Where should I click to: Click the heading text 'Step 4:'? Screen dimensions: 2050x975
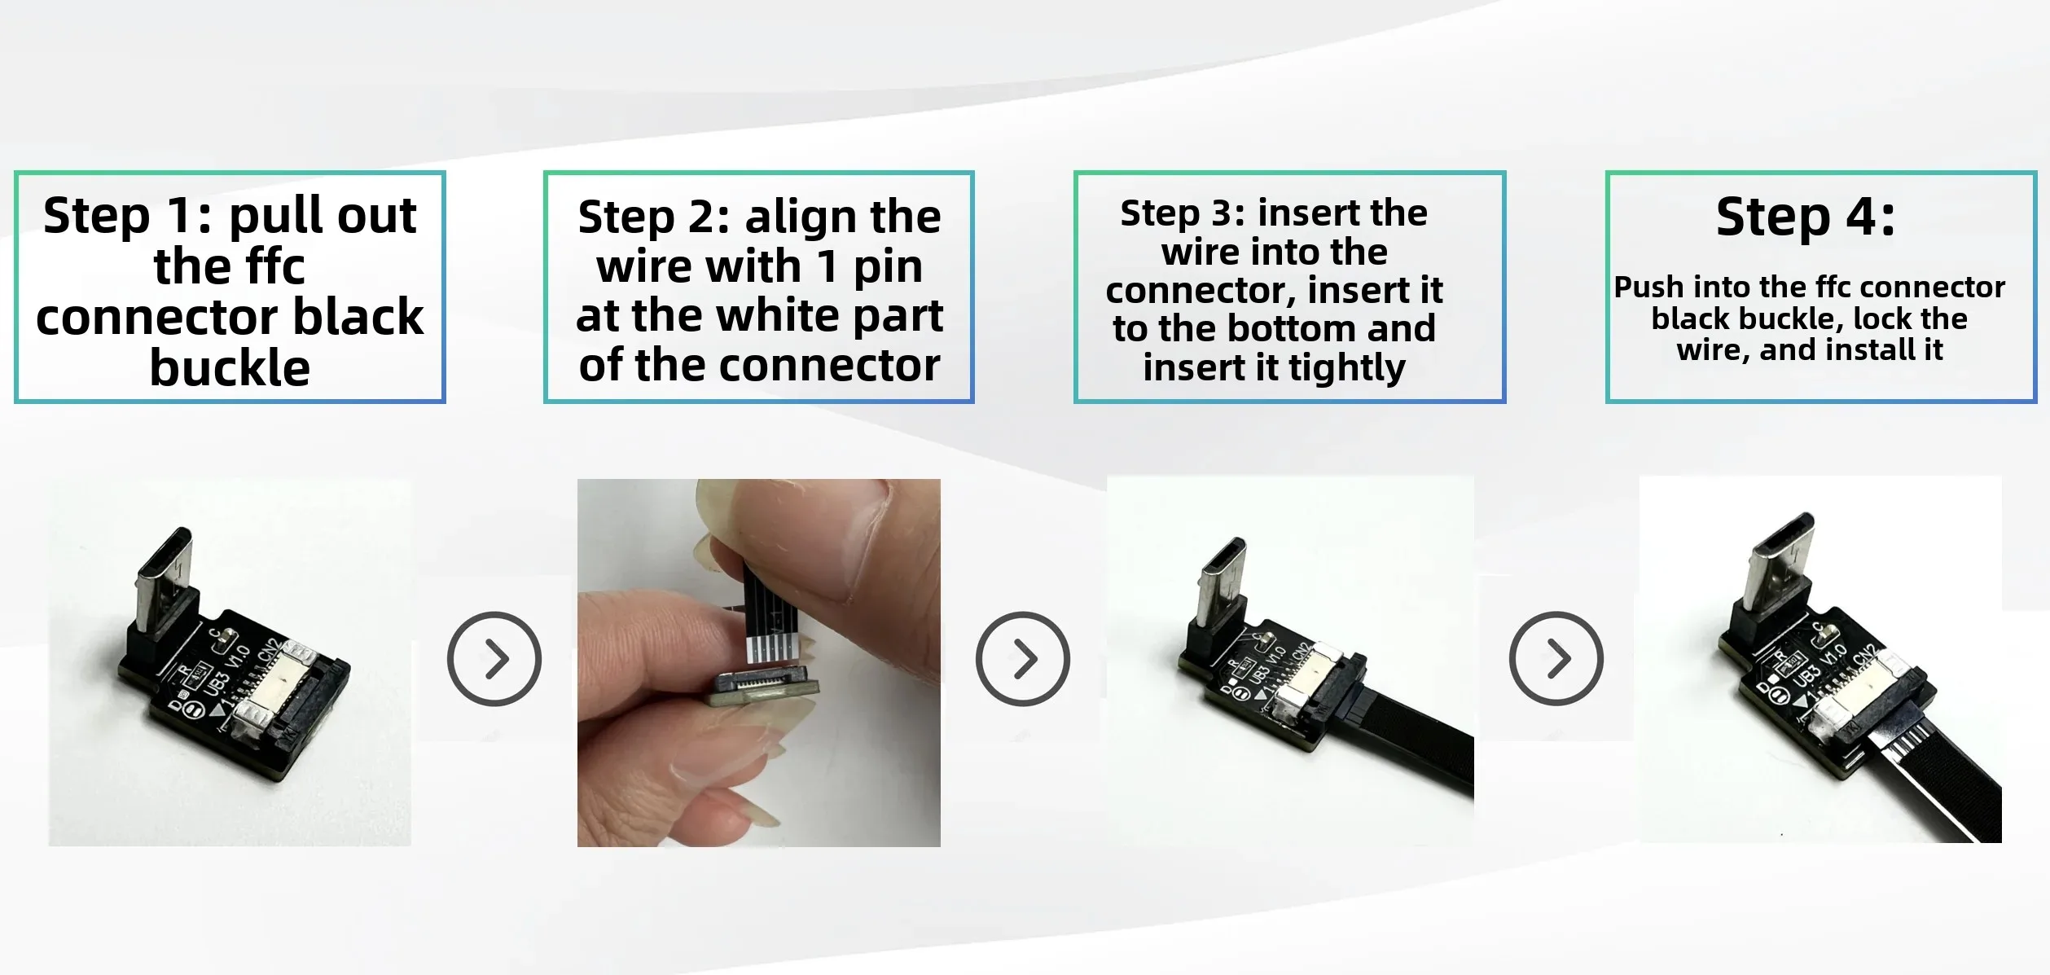click(x=1805, y=217)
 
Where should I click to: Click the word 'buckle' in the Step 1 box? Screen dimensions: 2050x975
click(x=230, y=367)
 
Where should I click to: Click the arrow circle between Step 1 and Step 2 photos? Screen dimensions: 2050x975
click(x=494, y=658)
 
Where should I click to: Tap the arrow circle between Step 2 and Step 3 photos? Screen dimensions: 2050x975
click(x=1023, y=658)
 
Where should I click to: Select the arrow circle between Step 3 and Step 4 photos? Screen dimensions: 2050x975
click(x=1556, y=658)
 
